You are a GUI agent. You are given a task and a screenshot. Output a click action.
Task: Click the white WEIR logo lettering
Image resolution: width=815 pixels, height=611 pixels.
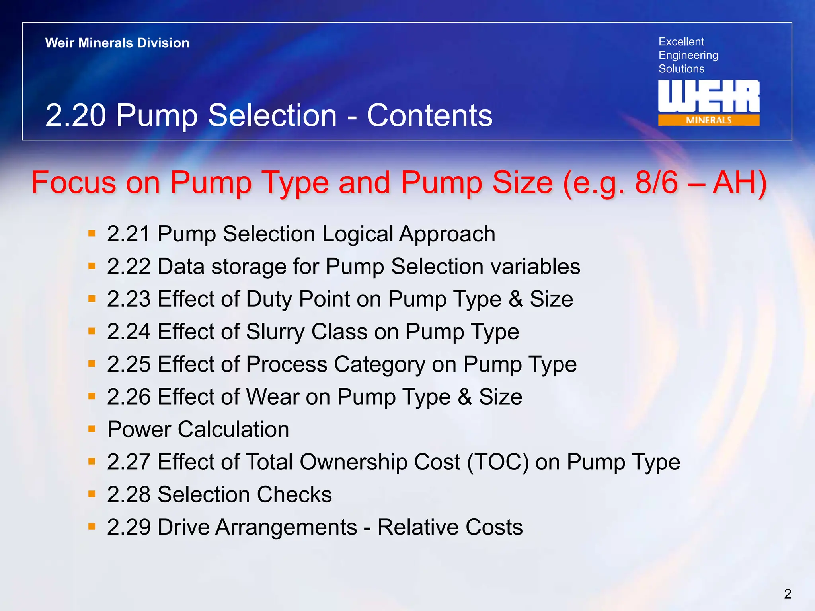708,96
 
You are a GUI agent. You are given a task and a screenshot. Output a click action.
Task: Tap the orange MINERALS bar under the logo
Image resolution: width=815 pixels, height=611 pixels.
708,120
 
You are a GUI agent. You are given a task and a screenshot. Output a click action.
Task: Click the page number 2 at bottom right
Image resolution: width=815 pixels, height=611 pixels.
788,594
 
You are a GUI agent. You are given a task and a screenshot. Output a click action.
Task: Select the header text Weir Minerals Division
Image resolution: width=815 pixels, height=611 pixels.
117,43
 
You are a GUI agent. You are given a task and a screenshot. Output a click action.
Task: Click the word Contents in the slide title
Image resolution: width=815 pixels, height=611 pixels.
429,116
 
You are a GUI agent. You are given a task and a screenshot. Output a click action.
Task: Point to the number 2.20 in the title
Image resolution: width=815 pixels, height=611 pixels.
76,116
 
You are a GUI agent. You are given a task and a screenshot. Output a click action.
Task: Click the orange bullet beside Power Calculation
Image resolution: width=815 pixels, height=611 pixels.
92,429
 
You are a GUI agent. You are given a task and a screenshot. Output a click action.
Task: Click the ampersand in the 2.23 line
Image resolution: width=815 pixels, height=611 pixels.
515,299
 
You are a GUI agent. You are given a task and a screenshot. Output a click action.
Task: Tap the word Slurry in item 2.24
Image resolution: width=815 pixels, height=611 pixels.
275,332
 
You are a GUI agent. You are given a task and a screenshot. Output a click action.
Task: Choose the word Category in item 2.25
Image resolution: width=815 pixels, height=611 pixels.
379,364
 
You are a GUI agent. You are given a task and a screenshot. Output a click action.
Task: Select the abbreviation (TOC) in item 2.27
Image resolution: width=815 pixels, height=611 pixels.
497,462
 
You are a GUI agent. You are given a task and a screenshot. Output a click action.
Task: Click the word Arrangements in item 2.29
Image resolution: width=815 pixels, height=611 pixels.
257,527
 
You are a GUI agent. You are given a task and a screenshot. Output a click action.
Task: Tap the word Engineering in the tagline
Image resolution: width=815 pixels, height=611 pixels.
688,55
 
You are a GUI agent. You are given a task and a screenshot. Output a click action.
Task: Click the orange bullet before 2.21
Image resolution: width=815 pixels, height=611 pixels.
92,234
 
